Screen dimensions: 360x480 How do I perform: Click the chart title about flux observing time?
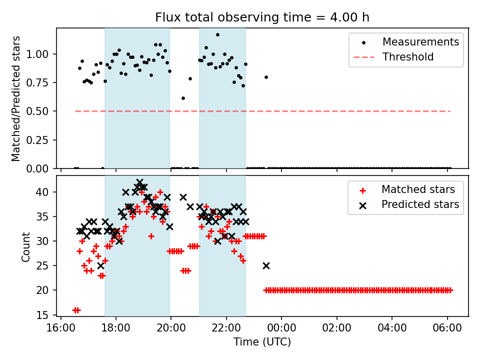click(262, 17)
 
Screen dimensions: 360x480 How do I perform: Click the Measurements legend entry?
click(420, 41)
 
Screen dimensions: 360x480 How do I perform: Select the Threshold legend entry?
click(408, 57)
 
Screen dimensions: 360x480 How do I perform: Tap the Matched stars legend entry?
click(418, 189)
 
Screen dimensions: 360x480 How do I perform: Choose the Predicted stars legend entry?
click(420, 204)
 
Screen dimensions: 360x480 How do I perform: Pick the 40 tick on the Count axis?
click(44, 192)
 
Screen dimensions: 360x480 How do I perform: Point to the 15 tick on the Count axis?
click(44, 315)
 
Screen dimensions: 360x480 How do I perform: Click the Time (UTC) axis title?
click(262, 342)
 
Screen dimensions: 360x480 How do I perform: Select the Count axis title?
click(25, 246)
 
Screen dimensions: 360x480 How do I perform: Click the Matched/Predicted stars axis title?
click(16, 98)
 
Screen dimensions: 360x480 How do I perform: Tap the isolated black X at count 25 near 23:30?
click(266, 265)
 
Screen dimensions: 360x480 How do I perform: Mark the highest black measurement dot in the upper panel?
click(217, 35)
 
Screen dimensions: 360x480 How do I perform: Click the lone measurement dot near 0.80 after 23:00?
click(266, 77)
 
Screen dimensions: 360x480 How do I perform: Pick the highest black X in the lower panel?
click(139, 182)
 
